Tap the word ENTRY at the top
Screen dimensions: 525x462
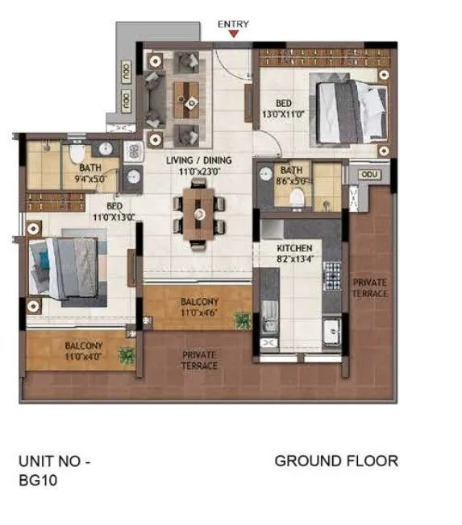[234, 24]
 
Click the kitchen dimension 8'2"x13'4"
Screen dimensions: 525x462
[294, 259]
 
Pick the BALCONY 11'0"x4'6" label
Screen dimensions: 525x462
[198, 307]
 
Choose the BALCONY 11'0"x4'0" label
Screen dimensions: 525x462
[84, 350]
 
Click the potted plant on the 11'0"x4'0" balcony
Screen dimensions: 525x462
[125, 354]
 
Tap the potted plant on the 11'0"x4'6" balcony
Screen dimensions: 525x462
[242, 320]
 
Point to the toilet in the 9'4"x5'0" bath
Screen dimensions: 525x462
[75, 156]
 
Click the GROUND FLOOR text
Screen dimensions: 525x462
[336, 461]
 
